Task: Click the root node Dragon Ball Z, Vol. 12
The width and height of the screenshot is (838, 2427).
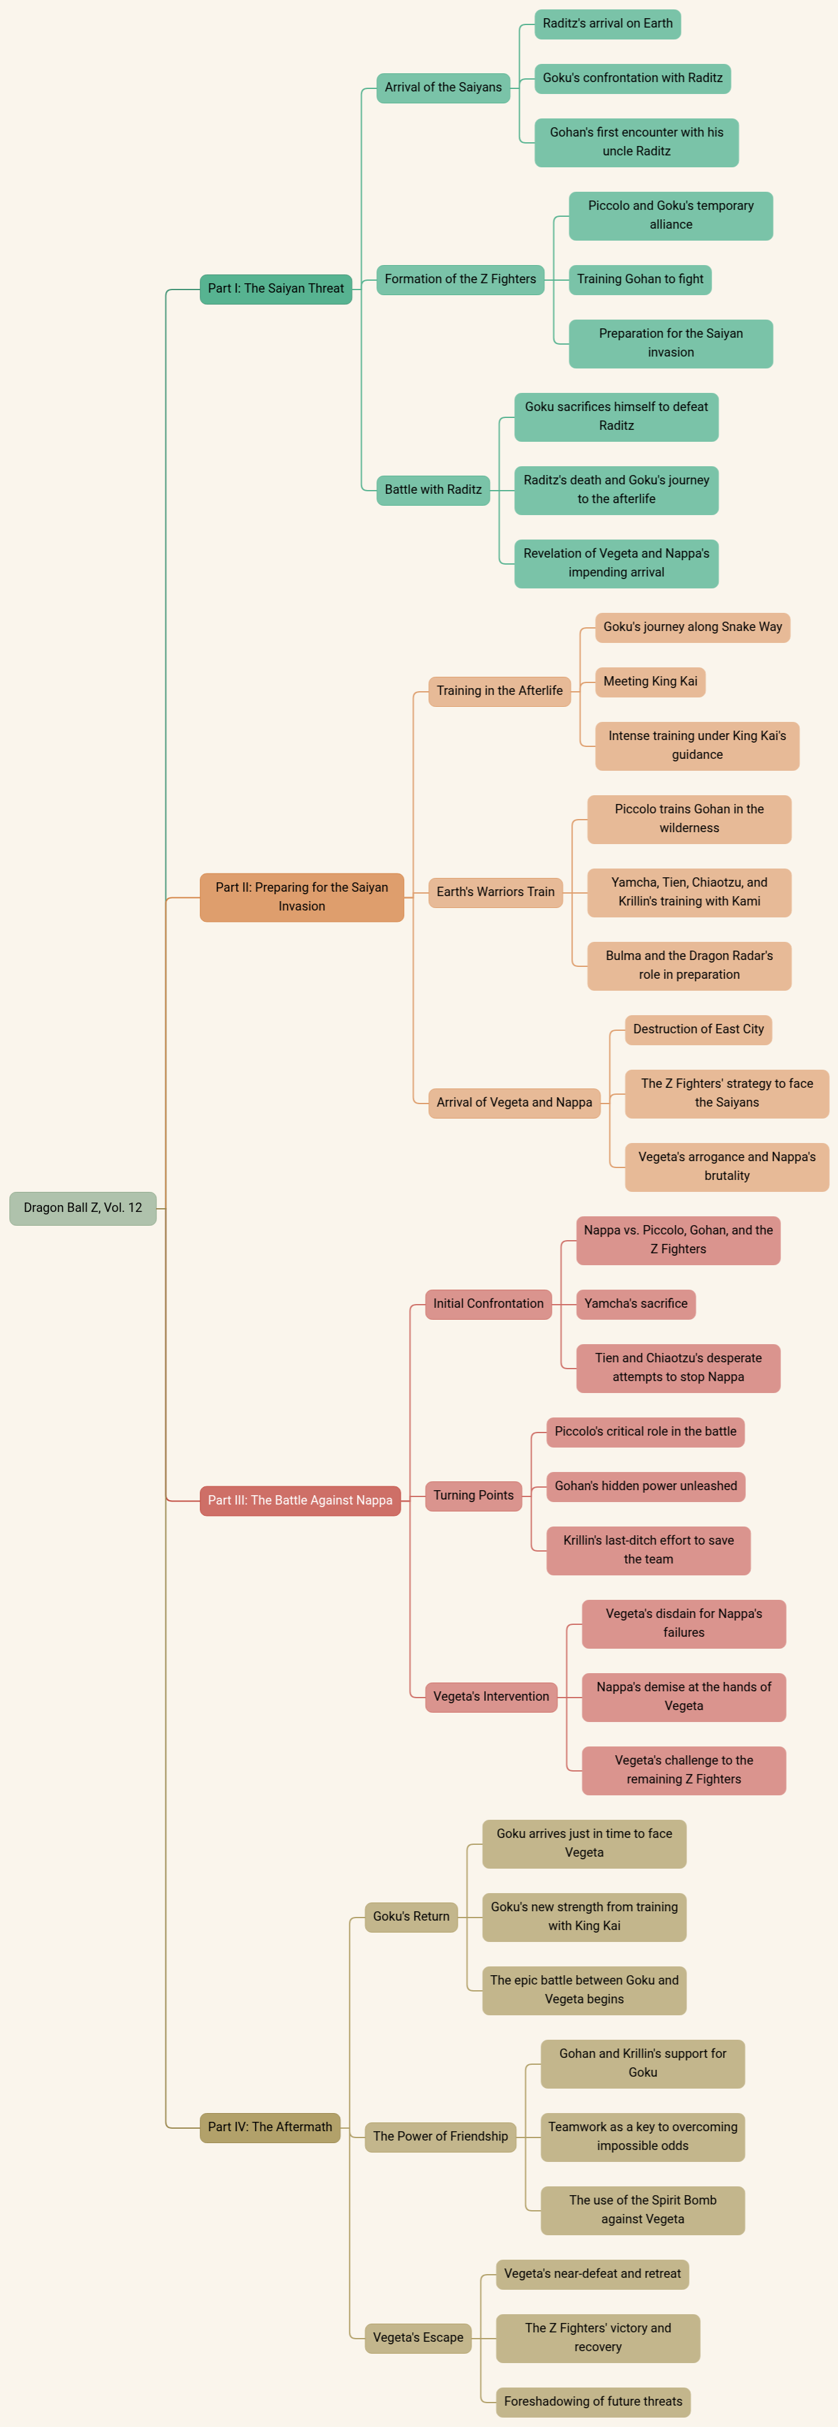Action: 83,1208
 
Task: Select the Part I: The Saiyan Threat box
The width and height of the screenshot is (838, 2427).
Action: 276,288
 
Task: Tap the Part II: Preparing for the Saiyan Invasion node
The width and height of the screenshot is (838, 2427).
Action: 301,897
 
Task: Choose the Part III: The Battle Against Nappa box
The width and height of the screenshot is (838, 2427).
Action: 299,1500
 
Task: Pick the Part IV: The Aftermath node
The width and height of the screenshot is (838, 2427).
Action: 269,2126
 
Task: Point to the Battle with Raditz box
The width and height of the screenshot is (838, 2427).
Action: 433,490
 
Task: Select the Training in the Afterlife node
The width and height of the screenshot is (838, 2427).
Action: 499,691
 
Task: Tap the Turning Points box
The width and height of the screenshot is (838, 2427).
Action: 473,1495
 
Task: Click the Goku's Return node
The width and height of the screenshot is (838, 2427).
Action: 411,1916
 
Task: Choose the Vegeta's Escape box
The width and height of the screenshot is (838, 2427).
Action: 418,2337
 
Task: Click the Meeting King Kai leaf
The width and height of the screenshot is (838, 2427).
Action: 649,681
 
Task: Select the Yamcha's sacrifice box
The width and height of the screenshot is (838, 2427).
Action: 636,1304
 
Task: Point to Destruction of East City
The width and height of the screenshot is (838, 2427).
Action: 698,1029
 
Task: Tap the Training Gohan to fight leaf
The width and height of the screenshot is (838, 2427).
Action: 639,279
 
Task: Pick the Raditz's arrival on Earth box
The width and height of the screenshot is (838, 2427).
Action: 608,24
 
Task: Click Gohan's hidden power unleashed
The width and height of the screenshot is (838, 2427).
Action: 646,1486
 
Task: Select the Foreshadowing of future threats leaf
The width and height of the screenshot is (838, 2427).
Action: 593,2401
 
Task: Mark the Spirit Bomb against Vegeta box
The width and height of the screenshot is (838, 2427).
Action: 642,2210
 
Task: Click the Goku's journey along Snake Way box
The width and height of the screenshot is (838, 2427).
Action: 692,627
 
